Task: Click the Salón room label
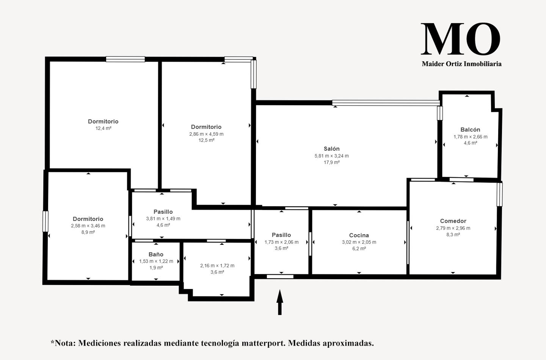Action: point(331,149)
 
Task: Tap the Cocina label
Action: point(359,235)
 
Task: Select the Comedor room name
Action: point(453,221)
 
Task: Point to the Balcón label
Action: point(470,130)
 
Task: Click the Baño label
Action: point(156,254)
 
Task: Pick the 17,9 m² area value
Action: point(331,162)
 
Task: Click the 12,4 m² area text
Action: point(104,128)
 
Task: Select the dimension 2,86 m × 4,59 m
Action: point(206,134)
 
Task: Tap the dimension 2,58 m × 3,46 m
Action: point(88,226)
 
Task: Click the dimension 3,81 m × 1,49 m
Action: point(163,219)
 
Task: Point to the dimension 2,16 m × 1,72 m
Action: point(217,266)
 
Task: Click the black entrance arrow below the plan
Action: point(280,302)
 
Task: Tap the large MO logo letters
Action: point(460,39)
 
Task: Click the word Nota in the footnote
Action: point(65,343)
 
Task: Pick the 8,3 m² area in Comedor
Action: point(453,235)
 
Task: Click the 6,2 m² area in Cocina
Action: point(359,249)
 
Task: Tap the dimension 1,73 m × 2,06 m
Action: point(281,242)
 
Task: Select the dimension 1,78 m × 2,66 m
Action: point(471,137)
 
